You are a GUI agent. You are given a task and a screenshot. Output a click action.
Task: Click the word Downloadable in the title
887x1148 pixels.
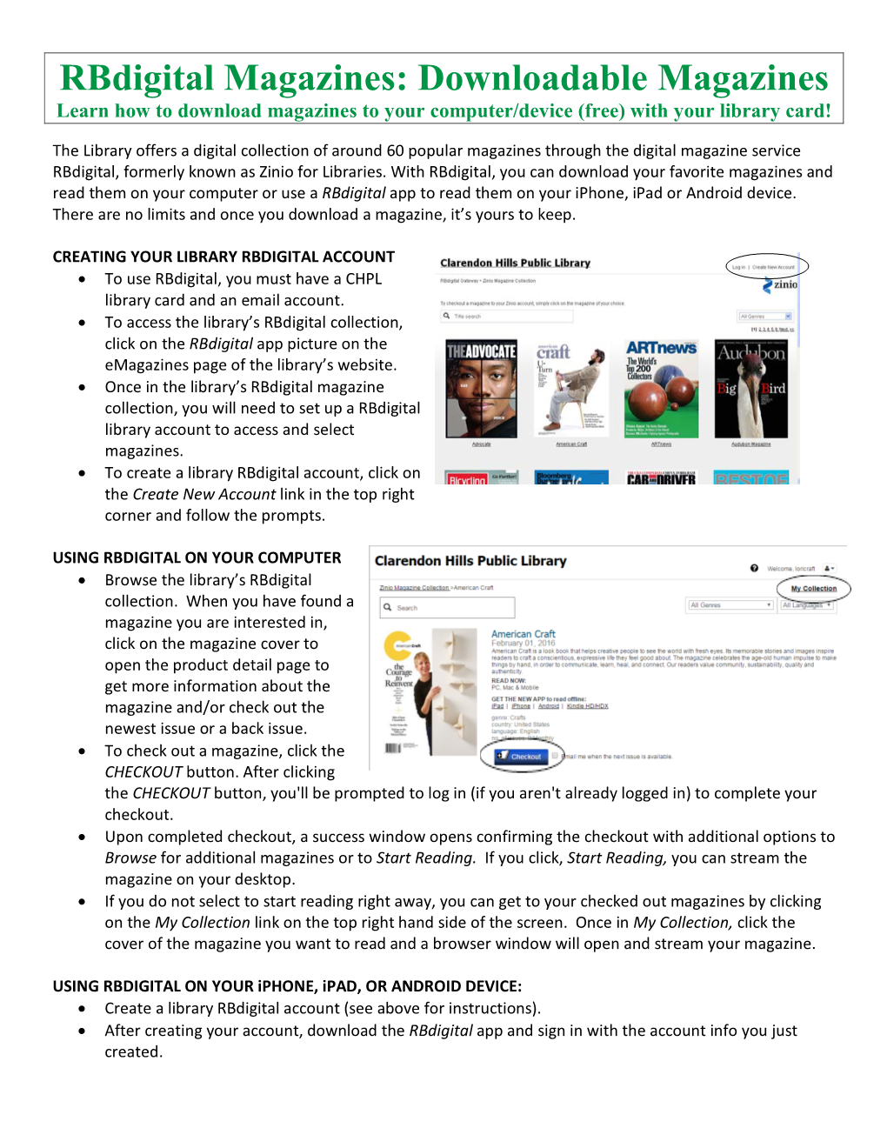[x=531, y=78]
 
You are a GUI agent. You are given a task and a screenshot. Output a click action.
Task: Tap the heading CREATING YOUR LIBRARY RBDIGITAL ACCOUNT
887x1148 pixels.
[x=223, y=257]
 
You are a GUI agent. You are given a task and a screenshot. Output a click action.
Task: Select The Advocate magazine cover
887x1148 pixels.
[x=481, y=388]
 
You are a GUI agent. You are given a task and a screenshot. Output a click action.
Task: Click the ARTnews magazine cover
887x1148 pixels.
[x=661, y=388]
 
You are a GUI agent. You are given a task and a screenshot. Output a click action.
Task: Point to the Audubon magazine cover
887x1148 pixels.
[x=750, y=388]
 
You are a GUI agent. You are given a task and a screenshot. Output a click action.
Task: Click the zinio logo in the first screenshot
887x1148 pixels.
[x=781, y=284]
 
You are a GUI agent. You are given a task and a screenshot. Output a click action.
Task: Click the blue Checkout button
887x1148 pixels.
[x=520, y=757]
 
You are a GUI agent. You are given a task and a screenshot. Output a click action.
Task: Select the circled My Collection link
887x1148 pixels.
[x=814, y=589]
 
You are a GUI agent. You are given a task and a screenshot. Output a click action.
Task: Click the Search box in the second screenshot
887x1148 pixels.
[x=448, y=607]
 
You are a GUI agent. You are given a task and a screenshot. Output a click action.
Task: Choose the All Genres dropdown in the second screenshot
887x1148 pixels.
[x=730, y=604]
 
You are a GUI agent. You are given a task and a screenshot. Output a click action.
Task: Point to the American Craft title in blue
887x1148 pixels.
[x=523, y=634]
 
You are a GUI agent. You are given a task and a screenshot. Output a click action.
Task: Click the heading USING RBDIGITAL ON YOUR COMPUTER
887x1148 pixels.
[x=197, y=557]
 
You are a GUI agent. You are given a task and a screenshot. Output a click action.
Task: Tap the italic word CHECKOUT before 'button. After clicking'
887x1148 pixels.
[x=143, y=772]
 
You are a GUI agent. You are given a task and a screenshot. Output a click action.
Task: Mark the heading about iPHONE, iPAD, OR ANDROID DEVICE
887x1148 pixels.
[x=287, y=986]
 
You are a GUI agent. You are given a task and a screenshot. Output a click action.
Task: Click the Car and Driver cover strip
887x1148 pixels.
[x=661, y=478]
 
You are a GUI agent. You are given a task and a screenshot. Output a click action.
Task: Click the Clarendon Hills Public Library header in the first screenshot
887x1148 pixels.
[x=515, y=263]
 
